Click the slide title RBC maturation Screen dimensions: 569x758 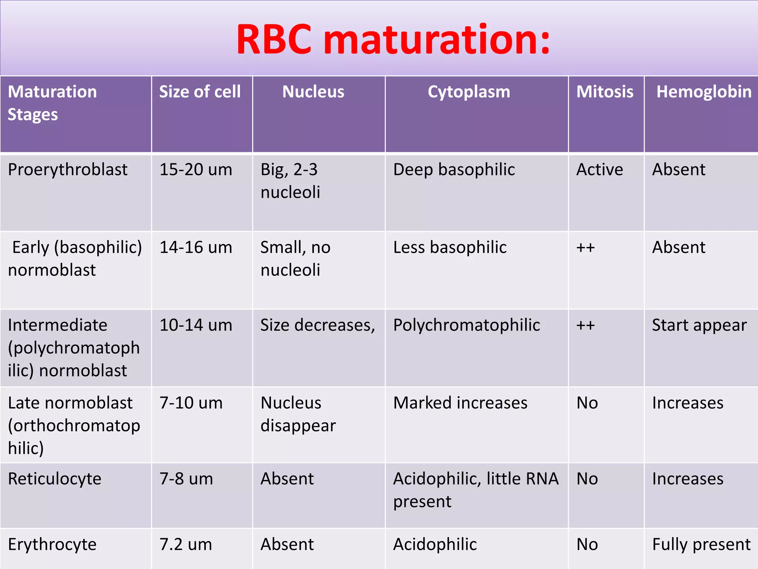(393, 39)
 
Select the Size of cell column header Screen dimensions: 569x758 (200, 92)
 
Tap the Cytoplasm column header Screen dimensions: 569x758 (469, 92)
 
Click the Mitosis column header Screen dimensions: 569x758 (605, 92)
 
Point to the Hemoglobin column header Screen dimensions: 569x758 (704, 92)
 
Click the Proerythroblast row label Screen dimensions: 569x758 (68, 170)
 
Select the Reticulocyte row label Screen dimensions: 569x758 (55, 479)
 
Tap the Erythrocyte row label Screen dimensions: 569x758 (52, 545)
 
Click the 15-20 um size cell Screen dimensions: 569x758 (196, 170)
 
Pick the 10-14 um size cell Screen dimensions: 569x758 (196, 325)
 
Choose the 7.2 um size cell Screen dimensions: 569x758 (186, 545)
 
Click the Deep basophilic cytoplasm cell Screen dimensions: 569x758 (454, 170)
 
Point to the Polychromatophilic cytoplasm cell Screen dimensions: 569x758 (466, 325)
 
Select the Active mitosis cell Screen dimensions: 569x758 (600, 170)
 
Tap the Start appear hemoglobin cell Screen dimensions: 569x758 (699, 325)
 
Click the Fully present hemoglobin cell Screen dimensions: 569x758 (701, 545)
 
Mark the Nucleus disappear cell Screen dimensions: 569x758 (298, 414)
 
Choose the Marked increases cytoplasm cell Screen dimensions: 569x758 (460, 403)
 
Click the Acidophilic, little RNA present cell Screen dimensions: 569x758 (476, 490)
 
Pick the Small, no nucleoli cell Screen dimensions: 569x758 (295, 259)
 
